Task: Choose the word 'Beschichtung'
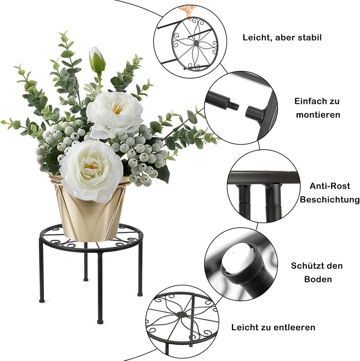click(x=325, y=200)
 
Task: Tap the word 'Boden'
click(x=318, y=279)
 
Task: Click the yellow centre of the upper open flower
click(x=117, y=109)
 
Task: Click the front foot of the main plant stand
click(x=100, y=322)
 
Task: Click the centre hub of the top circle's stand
click(x=196, y=43)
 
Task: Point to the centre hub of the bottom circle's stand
click(x=182, y=314)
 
